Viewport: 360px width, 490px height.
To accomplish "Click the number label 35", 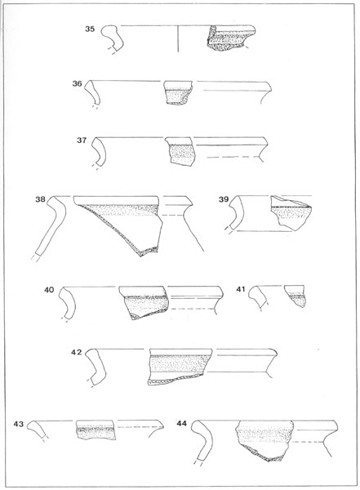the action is [90, 29].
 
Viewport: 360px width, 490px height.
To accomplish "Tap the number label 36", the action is [78, 84].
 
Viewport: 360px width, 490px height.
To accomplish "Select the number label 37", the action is [82, 140].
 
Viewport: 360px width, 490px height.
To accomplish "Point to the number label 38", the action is [40, 199].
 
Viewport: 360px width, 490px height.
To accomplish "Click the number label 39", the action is [224, 199].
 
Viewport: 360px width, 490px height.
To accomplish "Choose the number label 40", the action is [49, 290].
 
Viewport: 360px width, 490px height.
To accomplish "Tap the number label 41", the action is [240, 289].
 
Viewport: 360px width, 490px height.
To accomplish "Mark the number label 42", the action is [76, 352].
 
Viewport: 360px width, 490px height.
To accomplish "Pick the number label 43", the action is [19, 424].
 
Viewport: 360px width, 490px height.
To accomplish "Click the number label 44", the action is [181, 423].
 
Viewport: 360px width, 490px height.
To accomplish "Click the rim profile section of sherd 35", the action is [113, 38].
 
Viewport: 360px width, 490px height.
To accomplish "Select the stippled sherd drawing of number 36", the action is [178, 92].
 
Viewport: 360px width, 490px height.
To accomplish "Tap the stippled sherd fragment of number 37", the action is [180, 150].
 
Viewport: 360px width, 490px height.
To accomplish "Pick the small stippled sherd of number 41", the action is [296, 296].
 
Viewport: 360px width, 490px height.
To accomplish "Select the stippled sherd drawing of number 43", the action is [96, 430].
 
